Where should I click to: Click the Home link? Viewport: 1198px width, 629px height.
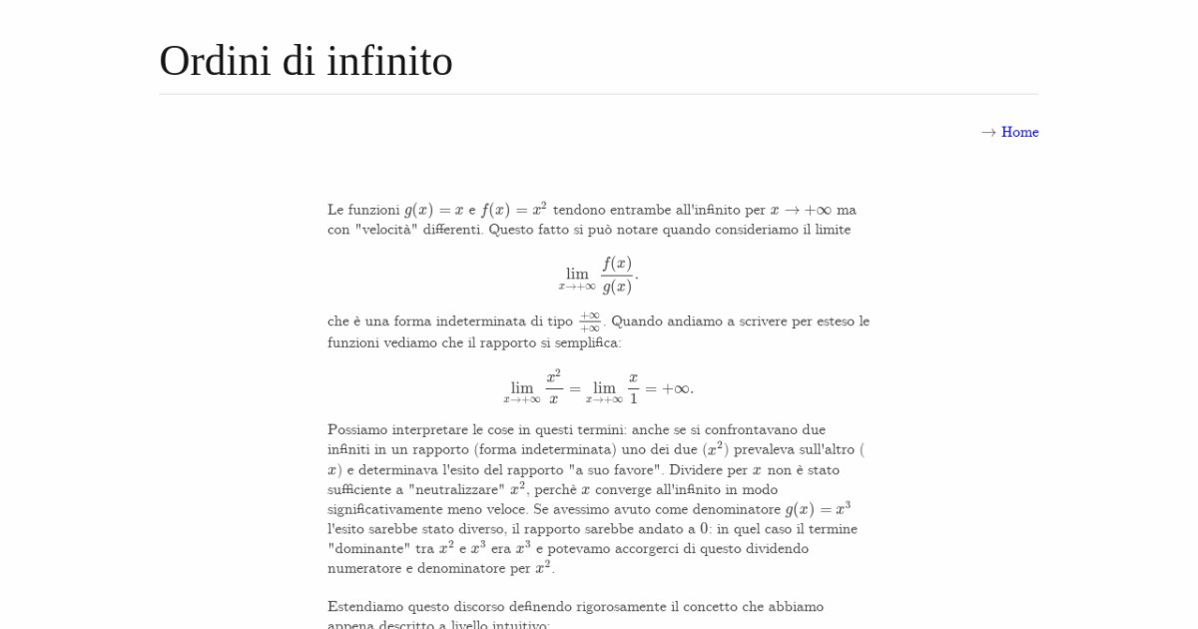(x=1019, y=132)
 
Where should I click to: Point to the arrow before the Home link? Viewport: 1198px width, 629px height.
(x=988, y=132)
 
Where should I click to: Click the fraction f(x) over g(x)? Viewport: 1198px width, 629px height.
(x=617, y=275)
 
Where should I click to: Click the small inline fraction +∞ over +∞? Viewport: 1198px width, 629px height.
(x=589, y=321)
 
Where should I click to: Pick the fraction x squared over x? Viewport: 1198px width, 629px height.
(x=553, y=387)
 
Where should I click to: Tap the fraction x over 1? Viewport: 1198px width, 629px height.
(x=633, y=387)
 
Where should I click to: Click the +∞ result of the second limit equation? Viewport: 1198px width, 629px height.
(x=677, y=388)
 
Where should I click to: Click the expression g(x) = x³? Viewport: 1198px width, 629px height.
(x=818, y=508)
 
